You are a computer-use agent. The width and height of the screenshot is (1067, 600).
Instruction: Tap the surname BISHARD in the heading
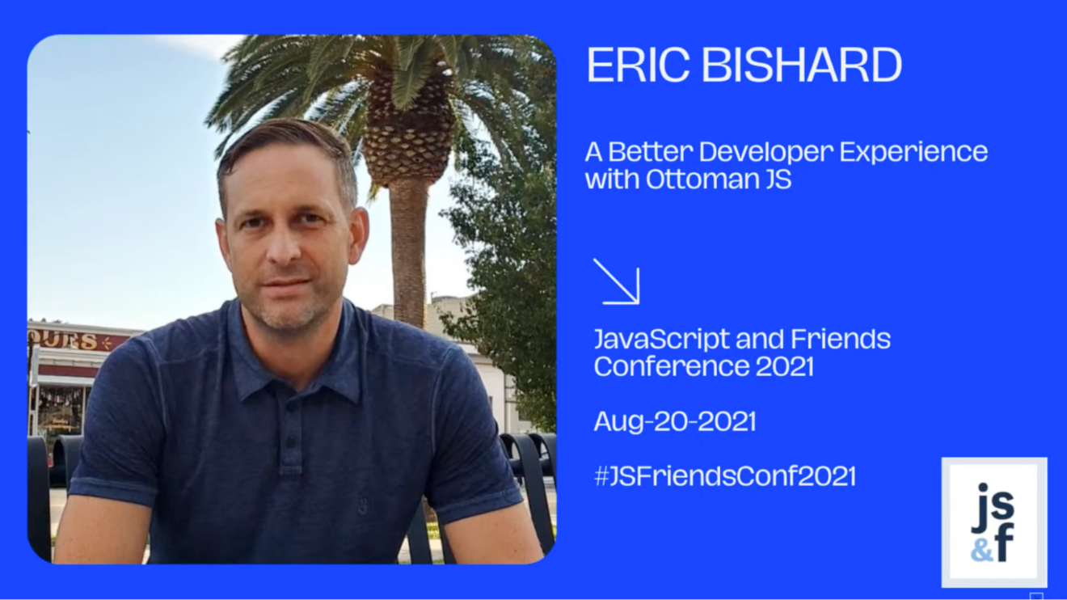pyautogui.click(x=802, y=65)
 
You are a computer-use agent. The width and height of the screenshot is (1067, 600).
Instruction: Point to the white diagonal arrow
pyautogui.click(x=617, y=281)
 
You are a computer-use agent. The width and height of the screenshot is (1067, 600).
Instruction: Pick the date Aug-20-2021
pyautogui.click(x=675, y=421)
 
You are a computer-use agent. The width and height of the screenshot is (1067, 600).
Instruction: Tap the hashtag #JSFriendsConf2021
pyautogui.click(x=725, y=476)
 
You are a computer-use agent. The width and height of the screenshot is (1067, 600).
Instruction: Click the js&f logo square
pyautogui.click(x=994, y=522)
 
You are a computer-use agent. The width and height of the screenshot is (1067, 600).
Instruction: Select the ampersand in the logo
pyautogui.click(x=981, y=551)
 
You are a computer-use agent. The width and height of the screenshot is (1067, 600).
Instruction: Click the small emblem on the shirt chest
pyautogui.click(x=362, y=505)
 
